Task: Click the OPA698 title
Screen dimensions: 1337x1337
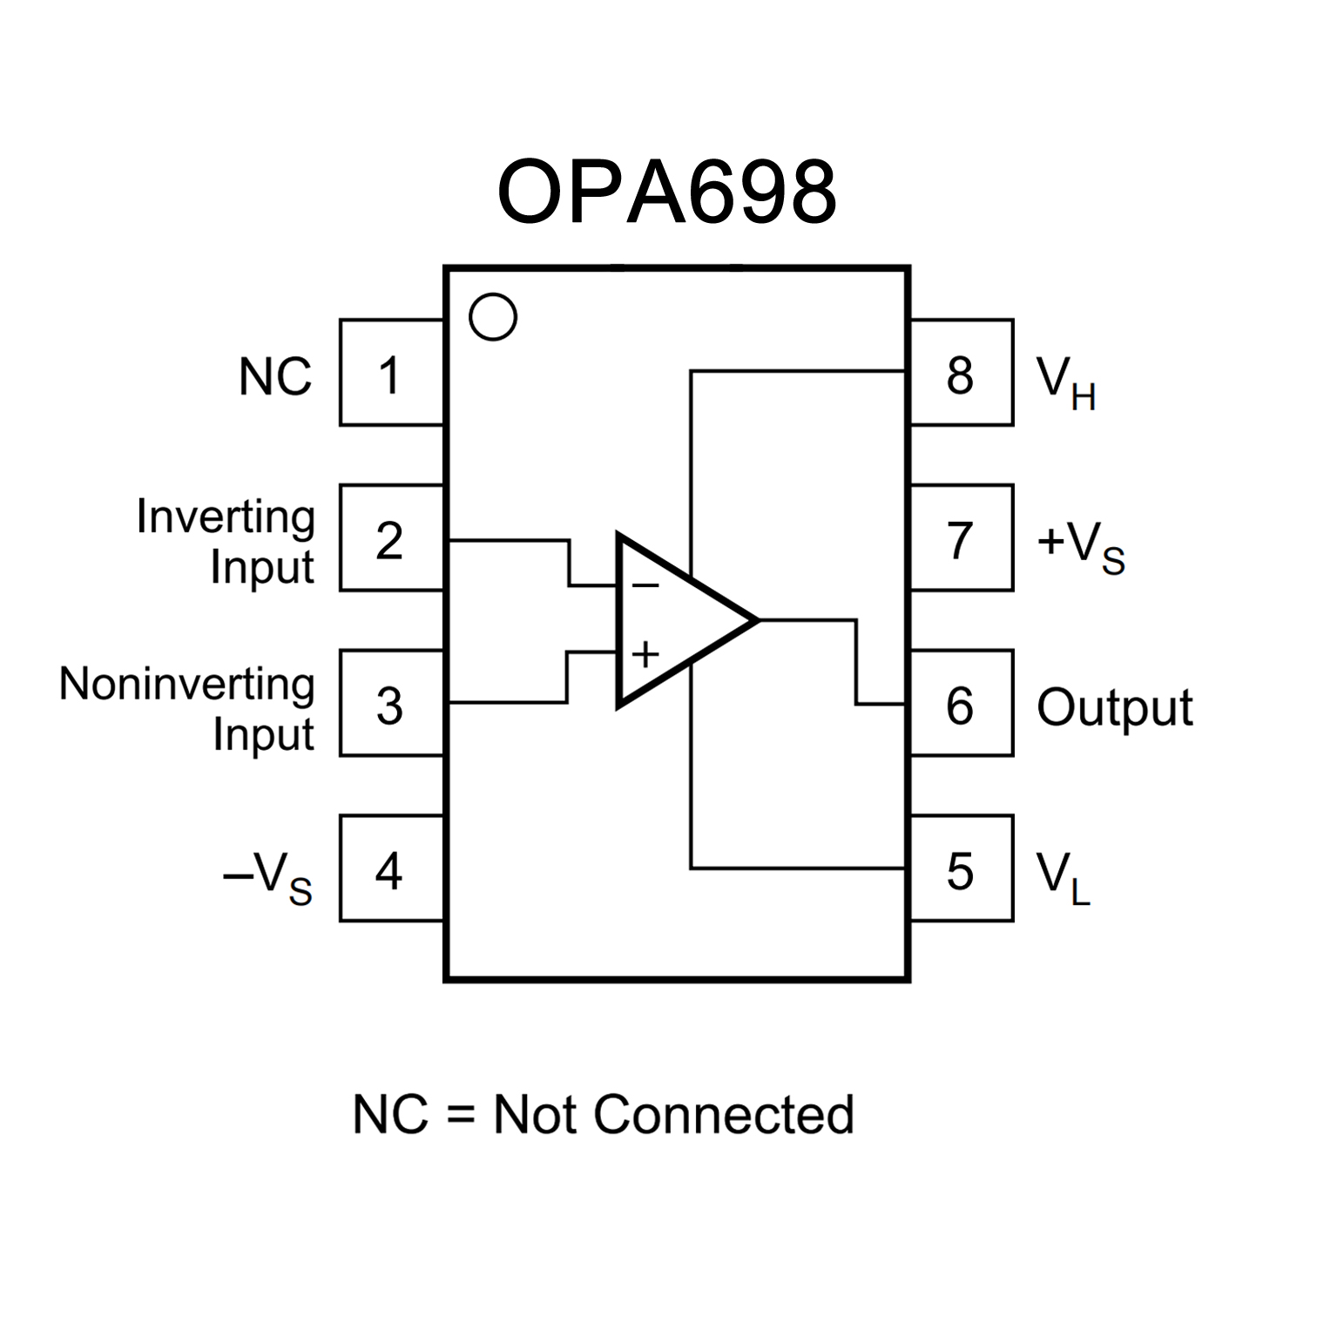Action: click(x=666, y=192)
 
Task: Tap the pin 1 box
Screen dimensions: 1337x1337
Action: click(x=391, y=373)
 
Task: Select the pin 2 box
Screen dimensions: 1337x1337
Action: click(x=391, y=538)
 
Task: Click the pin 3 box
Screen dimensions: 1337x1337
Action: click(x=391, y=704)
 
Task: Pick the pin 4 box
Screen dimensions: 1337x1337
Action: click(x=391, y=868)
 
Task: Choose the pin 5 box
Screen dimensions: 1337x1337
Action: click(x=961, y=868)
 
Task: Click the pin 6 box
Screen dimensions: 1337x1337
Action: click(x=961, y=704)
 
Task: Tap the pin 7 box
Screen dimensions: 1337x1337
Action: click(x=961, y=538)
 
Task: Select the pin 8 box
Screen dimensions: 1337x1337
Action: click(x=961, y=373)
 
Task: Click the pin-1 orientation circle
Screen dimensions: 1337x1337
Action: click(x=493, y=316)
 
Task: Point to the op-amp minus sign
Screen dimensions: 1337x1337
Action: click(x=645, y=585)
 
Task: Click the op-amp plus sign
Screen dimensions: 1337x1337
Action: click(x=645, y=653)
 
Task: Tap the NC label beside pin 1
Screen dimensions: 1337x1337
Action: click(x=275, y=377)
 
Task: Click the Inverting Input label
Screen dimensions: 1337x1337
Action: click(x=226, y=541)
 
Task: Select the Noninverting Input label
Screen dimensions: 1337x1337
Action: click(x=187, y=707)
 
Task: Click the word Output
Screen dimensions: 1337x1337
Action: click(x=1114, y=707)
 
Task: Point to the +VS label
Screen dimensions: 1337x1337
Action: click(x=1081, y=545)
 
